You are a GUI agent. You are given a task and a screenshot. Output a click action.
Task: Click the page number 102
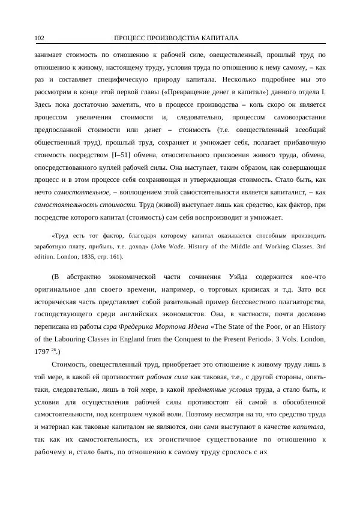pos(40,38)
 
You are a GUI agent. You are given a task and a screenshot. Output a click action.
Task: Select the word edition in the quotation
pos(48,257)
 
